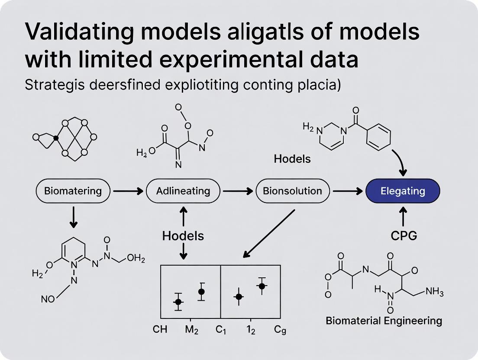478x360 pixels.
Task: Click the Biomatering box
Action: click(73, 191)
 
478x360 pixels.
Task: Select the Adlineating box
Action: click(183, 191)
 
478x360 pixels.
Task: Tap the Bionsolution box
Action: click(293, 191)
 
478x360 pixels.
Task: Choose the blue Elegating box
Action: click(403, 191)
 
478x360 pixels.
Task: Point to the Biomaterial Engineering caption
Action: click(384, 321)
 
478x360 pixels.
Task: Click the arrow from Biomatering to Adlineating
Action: click(128, 191)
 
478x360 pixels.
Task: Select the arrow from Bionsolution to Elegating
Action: click(348, 191)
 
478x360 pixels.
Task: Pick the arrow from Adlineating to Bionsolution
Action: click(238, 191)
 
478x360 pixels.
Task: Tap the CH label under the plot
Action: click(160, 330)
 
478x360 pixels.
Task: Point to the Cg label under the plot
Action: click(280, 330)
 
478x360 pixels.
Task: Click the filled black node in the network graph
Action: click(55, 138)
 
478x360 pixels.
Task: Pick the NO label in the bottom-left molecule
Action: click(48, 299)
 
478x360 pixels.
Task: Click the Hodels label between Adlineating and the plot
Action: click(183, 236)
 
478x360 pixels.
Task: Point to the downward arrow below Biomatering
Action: click(74, 218)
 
